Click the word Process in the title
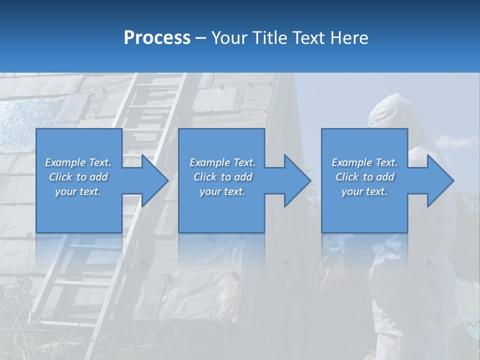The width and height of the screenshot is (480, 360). coord(157,38)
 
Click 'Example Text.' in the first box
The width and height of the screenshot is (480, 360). coord(78,162)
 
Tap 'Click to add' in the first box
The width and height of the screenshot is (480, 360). coord(78,177)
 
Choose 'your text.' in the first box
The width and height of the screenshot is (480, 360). coord(78,191)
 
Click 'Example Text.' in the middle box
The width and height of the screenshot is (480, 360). coord(222,162)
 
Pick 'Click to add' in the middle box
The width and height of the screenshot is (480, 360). coord(222,177)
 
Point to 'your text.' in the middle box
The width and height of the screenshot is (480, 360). coord(222,191)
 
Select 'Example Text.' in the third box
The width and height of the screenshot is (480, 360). coord(364,162)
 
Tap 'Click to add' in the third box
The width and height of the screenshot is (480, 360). coord(364,177)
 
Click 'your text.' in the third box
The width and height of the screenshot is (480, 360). coord(364,191)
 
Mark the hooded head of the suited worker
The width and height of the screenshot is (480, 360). coord(387,110)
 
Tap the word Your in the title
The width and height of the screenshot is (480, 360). coord(229,38)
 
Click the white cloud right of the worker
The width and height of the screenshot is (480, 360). coord(462,142)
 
